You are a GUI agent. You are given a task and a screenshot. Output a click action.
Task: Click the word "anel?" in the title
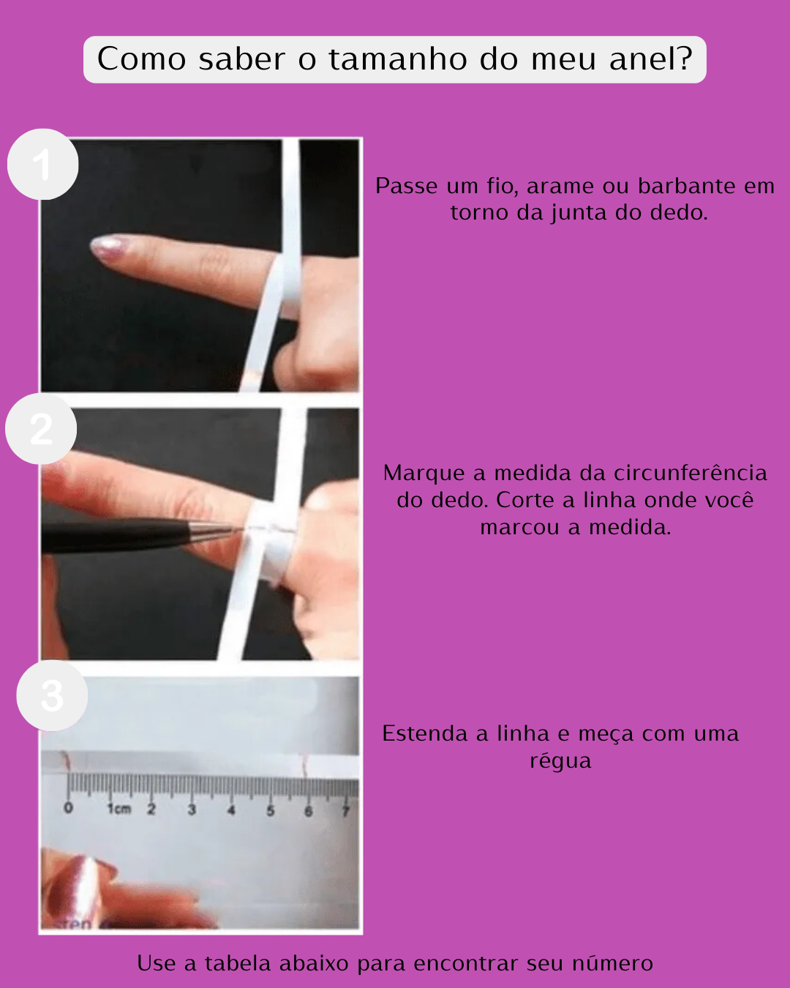click(651, 59)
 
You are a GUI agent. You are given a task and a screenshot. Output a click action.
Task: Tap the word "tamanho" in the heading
click(398, 59)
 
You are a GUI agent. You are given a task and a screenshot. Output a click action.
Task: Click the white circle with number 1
click(42, 165)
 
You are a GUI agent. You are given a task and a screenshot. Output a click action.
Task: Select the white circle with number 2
click(41, 429)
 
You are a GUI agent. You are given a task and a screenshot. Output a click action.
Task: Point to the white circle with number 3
click(52, 695)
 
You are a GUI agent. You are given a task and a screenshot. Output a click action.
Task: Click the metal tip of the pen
click(217, 531)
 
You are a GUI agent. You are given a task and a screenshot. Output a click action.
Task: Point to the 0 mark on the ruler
click(69, 807)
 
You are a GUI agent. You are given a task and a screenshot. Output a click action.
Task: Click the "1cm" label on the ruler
click(119, 809)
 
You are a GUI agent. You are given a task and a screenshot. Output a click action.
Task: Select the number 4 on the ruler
click(231, 810)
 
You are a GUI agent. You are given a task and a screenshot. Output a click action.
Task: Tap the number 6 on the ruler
click(308, 811)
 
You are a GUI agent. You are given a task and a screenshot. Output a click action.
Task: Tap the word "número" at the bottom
click(612, 963)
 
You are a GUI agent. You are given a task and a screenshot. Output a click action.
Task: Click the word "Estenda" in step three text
click(425, 733)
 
